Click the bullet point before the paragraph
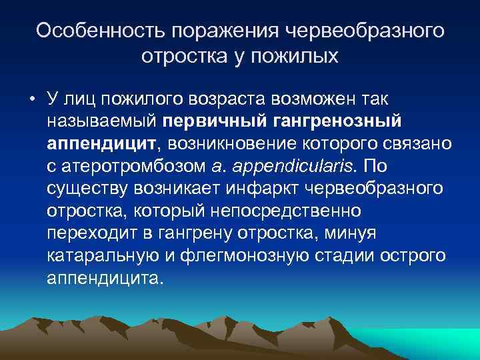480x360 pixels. click(32, 101)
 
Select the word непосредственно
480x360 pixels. click(293, 211)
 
